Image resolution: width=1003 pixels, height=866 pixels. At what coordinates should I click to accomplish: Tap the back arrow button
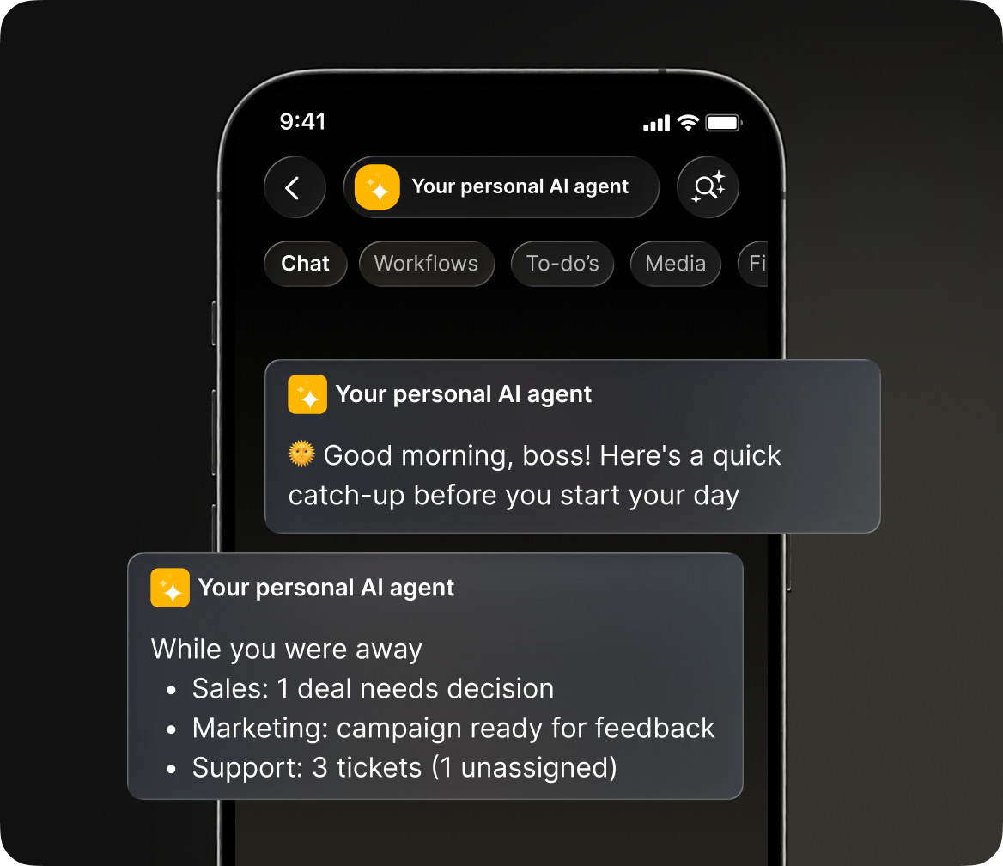295,187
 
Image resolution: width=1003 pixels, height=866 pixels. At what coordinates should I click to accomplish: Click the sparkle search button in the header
708,187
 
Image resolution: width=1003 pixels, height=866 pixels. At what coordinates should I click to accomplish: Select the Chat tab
305,264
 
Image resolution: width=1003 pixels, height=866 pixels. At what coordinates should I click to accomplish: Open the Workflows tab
426,264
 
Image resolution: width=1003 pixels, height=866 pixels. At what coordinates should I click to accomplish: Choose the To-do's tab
562,264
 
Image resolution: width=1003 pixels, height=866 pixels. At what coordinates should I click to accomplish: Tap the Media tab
676,264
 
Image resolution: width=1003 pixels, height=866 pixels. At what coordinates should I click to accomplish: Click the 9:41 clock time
302,122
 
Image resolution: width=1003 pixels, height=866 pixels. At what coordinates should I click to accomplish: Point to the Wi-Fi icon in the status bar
688,122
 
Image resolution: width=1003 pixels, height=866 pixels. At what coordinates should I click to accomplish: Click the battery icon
723,122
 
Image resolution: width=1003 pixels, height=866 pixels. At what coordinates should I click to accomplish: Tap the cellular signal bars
656,123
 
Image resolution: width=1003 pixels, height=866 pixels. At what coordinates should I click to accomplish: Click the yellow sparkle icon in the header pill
377,187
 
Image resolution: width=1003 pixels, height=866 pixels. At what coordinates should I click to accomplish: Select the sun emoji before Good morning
301,454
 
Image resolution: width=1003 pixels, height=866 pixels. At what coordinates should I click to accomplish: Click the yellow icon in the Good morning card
307,394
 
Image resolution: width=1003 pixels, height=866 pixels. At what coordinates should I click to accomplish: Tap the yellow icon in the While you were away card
170,588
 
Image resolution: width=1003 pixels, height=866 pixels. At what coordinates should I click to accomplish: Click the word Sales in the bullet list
228,689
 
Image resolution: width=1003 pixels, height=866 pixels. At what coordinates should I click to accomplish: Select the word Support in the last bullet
245,768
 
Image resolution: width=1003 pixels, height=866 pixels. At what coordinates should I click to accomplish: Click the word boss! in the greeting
556,455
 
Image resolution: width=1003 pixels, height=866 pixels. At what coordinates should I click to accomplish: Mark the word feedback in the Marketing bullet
654,728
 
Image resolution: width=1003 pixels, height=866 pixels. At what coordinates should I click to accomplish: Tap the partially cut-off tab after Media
753,264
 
